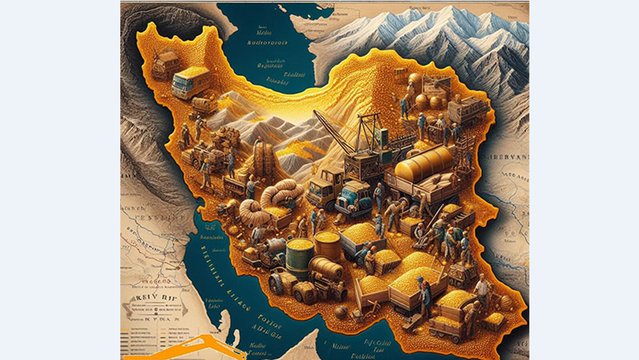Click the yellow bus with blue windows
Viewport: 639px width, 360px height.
pos(190,82)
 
